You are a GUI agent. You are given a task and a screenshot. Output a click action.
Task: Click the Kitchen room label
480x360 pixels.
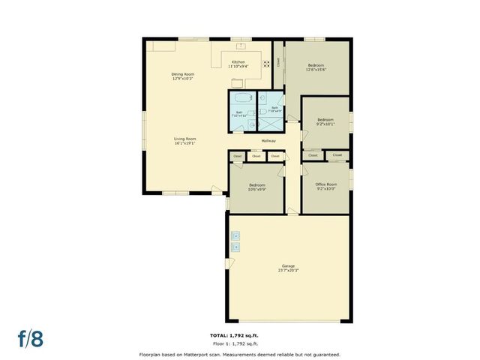tap(238, 64)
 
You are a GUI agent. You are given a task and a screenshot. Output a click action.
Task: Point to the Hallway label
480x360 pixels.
tap(268, 141)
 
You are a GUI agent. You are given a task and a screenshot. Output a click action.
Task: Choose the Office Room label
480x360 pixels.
tap(325, 186)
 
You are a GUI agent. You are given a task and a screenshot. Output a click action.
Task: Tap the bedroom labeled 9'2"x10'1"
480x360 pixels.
tap(325, 121)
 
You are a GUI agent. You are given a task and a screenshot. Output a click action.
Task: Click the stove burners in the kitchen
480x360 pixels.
tap(265, 64)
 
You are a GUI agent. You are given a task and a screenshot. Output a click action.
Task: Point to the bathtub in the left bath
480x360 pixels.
tap(242, 99)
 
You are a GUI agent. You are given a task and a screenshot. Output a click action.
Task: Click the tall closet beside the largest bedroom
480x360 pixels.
tap(278, 64)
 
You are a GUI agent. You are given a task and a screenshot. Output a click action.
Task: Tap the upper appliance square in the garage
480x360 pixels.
tap(235, 235)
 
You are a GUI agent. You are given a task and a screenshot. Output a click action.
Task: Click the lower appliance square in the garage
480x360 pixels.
tap(235, 246)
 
